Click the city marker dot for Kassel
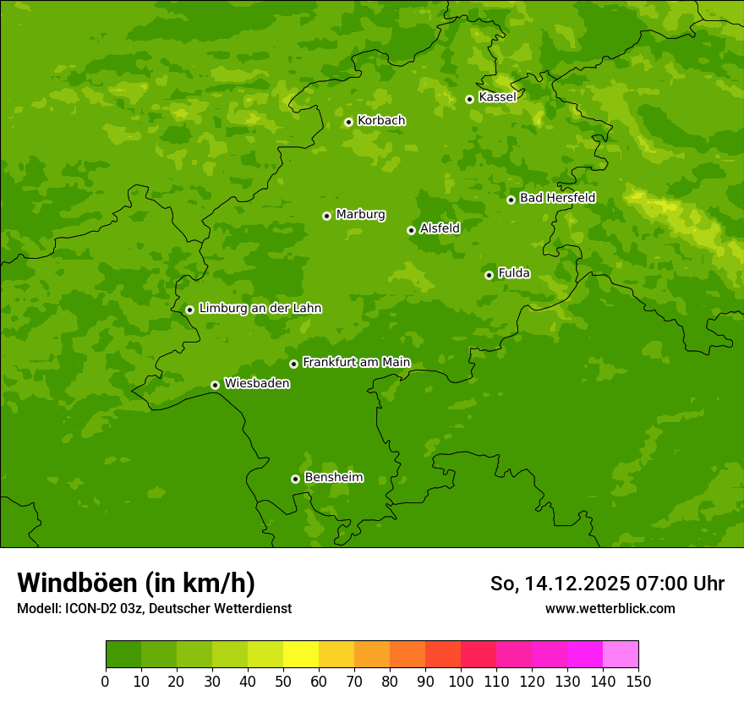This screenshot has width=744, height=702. click(x=469, y=99)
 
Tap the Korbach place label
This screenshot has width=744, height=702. click(x=381, y=121)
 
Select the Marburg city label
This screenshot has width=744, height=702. click(x=360, y=215)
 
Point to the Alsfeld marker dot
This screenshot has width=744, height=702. click(x=411, y=230)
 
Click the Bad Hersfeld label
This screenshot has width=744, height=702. click(x=557, y=199)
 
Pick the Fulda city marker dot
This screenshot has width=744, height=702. click(x=489, y=275)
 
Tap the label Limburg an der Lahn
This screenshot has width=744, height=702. click(x=260, y=309)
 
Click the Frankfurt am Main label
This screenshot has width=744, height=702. click(x=356, y=363)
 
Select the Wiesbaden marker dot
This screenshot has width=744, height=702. click(x=215, y=385)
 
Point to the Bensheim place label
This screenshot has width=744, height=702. click(x=333, y=478)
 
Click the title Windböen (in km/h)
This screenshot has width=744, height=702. click(x=136, y=584)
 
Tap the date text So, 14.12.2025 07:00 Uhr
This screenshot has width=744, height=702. click(x=607, y=584)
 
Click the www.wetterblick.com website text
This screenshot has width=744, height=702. click(x=610, y=609)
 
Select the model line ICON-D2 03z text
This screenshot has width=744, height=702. click(x=154, y=609)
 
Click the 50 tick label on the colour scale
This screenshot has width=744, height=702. click(x=283, y=682)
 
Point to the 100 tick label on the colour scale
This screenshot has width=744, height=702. click(x=461, y=682)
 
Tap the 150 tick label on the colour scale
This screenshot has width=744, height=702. click(x=638, y=682)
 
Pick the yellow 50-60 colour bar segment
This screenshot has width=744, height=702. click(x=301, y=655)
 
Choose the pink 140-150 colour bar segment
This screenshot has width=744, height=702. click(x=621, y=655)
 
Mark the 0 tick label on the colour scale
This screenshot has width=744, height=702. click(x=106, y=682)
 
